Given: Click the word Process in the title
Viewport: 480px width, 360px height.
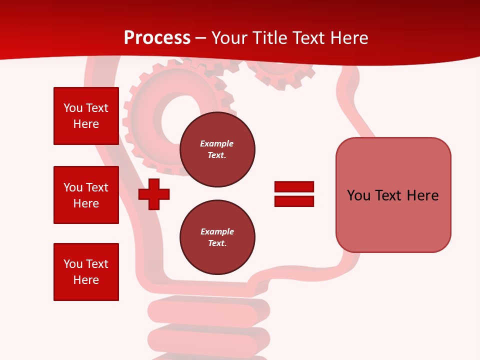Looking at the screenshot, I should tap(157, 38).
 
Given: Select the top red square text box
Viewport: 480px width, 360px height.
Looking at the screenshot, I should tap(86, 116).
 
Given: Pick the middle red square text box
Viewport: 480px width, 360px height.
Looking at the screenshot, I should tap(86, 195).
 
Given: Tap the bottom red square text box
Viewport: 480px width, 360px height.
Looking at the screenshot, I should tap(86, 272).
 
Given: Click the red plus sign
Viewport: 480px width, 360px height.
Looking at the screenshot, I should tap(154, 194).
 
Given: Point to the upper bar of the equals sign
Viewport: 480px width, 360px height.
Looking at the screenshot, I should tap(294, 186).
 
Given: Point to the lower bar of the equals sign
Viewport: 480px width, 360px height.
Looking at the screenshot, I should tap(294, 201).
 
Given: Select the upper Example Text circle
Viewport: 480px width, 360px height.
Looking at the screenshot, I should tap(217, 149).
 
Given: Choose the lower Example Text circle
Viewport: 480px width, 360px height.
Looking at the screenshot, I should tap(217, 237).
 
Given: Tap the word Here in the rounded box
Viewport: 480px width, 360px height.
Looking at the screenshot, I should tap(422, 195).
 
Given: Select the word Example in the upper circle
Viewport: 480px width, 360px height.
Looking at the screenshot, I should tap(217, 143).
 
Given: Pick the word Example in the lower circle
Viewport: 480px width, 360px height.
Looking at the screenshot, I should tap(217, 231).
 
